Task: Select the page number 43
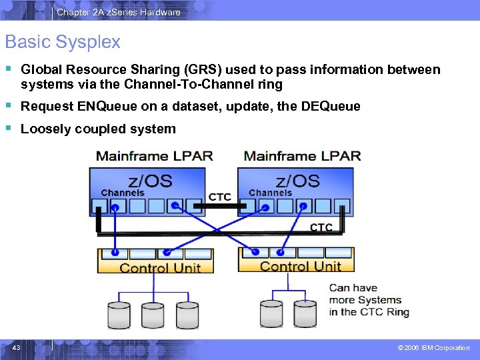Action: point(16,347)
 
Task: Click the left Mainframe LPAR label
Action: point(155,157)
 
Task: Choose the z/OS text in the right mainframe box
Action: point(297,180)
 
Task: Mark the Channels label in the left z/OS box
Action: point(123,193)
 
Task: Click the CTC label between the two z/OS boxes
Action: point(220,197)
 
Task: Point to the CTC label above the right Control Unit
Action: point(321,227)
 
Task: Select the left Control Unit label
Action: point(160,268)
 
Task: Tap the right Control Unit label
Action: point(301,267)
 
